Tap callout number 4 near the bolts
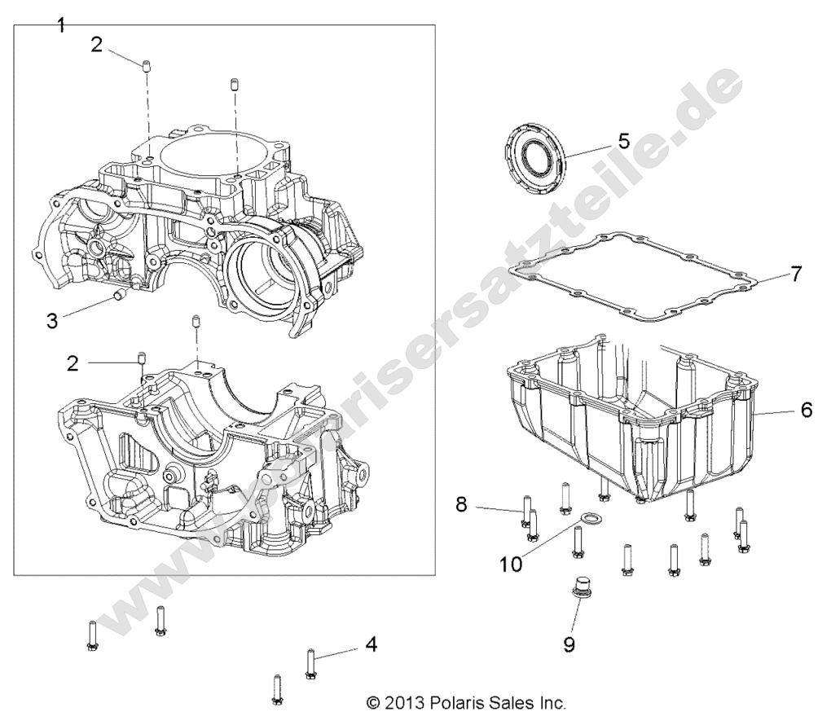pyautogui.click(x=371, y=645)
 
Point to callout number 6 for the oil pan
pyautogui.click(x=806, y=411)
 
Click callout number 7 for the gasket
pyautogui.click(x=796, y=273)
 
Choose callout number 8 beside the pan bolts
pyautogui.click(x=461, y=505)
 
